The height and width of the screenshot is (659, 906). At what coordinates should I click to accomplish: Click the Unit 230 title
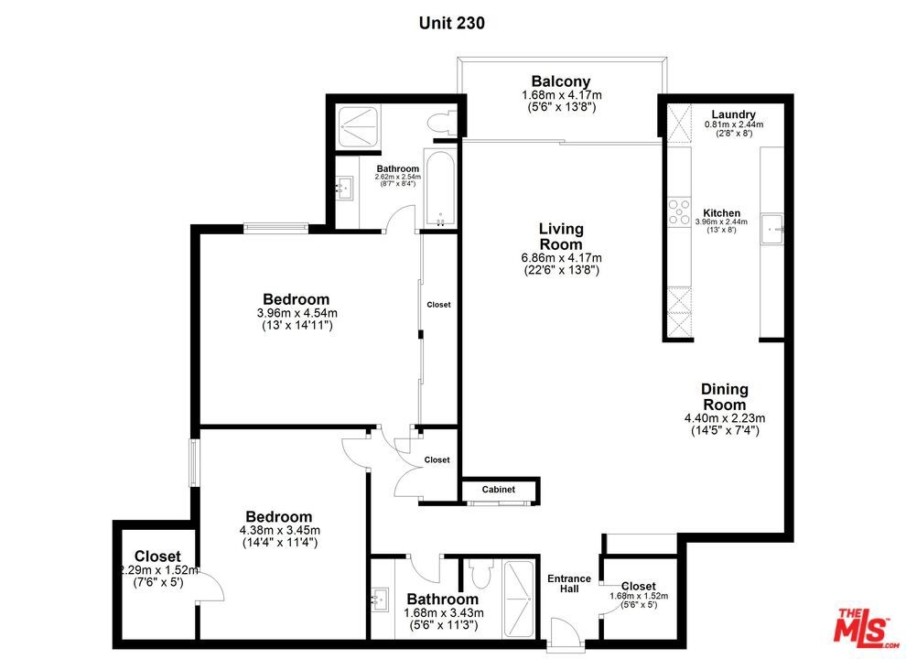[452, 23]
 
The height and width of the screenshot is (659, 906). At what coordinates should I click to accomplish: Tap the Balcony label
[561, 81]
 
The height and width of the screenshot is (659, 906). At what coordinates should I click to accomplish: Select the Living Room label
[562, 236]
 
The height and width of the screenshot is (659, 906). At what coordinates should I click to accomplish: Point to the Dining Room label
[725, 396]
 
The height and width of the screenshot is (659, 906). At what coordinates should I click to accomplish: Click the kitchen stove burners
[679, 211]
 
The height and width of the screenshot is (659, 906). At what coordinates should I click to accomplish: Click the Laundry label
[733, 114]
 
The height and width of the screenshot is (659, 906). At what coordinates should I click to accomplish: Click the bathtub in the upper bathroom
[440, 189]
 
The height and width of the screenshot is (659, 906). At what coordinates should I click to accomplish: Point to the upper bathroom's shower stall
[358, 126]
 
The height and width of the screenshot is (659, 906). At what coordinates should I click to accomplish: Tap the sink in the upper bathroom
[345, 188]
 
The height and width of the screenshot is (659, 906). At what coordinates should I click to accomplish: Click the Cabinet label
[499, 490]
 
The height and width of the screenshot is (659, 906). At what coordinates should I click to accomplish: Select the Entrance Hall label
[569, 583]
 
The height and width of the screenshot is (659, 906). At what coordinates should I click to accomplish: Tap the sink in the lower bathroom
[380, 600]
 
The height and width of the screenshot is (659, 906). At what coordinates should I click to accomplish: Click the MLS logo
[866, 627]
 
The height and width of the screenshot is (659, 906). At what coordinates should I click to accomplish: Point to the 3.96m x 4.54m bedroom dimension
[297, 313]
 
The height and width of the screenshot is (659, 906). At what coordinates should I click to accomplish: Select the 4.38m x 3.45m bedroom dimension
[280, 530]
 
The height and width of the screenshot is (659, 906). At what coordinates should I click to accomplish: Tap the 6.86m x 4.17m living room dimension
[561, 258]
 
